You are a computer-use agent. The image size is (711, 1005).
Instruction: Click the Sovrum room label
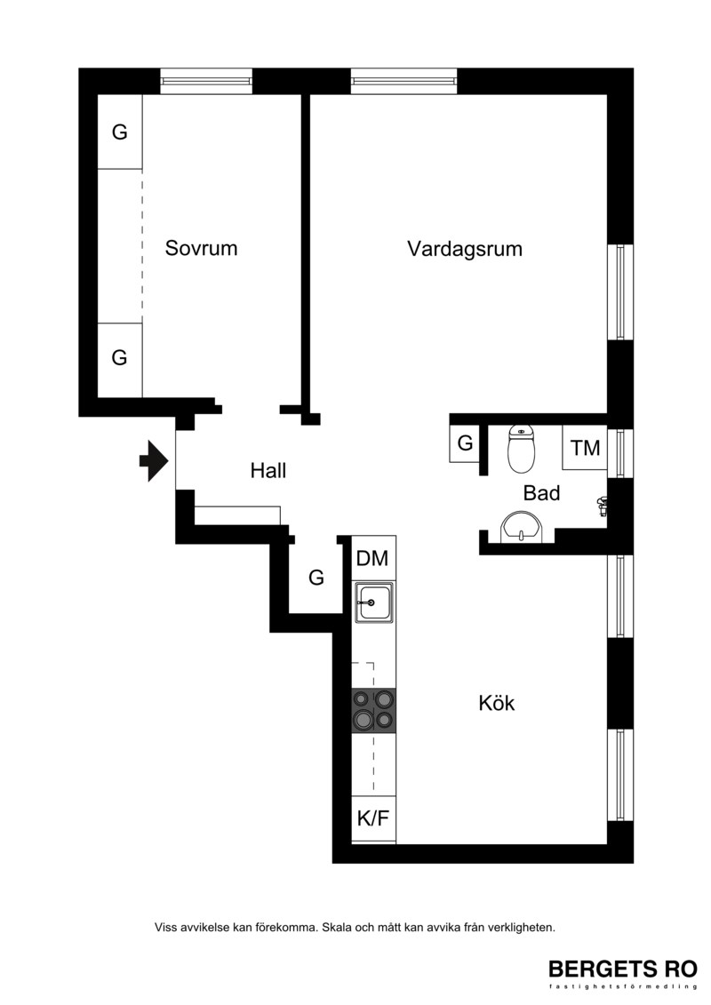click(x=202, y=248)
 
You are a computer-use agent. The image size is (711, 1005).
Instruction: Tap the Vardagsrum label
click(x=465, y=249)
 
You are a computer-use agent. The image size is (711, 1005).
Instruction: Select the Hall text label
click(x=268, y=470)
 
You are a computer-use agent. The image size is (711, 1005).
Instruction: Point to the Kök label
click(x=496, y=703)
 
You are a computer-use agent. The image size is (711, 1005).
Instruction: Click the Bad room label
click(x=542, y=493)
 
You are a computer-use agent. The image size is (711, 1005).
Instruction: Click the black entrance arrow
click(x=154, y=461)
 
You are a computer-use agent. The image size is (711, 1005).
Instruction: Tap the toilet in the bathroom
click(x=521, y=449)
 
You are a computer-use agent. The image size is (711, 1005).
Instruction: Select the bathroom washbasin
click(x=521, y=527)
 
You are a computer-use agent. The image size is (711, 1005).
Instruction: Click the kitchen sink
click(x=374, y=603)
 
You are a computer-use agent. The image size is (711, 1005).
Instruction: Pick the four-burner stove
click(x=374, y=710)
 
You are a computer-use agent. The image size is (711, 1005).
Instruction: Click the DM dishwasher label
click(x=372, y=558)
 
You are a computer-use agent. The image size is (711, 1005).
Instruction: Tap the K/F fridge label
click(x=373, y=818)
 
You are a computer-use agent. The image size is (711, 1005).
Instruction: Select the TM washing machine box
click(x=585, y=447)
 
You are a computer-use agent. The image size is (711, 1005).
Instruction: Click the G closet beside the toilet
click(x=465, y=443)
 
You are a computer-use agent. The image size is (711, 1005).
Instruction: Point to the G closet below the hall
click(x=316, y=578)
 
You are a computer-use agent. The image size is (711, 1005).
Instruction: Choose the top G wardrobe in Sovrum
click(x=120, y=132)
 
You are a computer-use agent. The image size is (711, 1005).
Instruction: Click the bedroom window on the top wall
click(x=206, y=81)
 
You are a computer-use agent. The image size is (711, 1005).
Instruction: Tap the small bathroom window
click(x=620, y=452)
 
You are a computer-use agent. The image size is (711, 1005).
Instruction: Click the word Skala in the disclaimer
click(x=337, y=927)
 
